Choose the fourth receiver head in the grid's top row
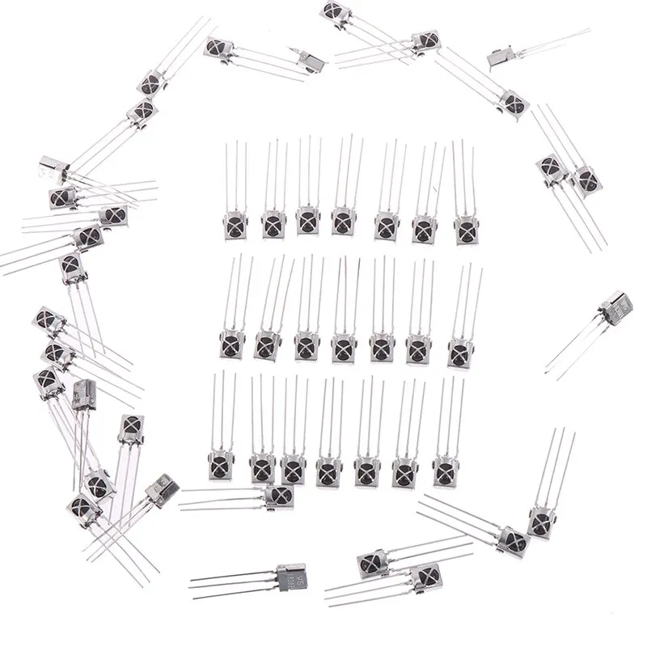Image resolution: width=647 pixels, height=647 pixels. point(343,221)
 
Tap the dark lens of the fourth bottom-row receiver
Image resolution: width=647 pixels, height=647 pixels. point(328,468)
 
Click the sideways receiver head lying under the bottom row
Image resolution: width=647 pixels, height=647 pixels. point(278,495)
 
